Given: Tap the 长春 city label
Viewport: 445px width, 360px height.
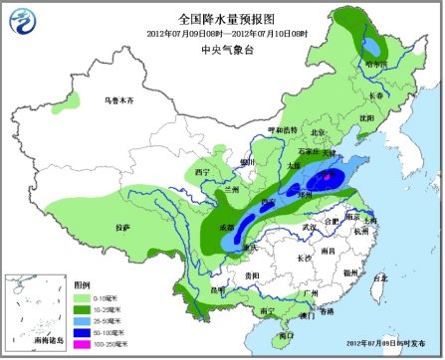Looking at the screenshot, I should (375, 95).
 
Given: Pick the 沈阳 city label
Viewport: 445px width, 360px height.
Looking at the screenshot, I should (366, 117).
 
